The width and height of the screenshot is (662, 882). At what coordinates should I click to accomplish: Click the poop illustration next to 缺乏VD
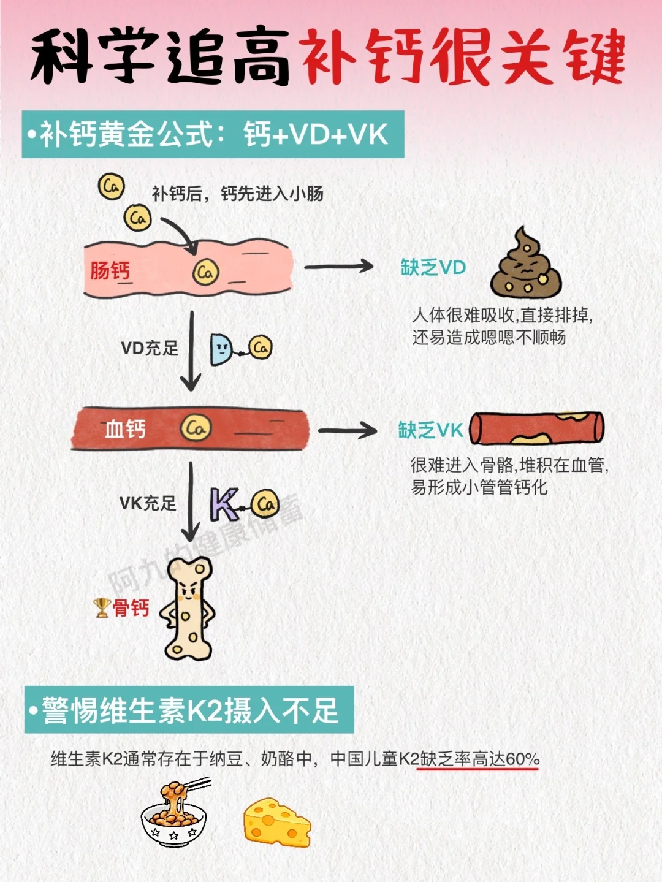[525, 265]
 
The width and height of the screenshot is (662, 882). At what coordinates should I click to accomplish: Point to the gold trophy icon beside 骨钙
[102, 607]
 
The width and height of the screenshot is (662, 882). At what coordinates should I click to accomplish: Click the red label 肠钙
[110, 271]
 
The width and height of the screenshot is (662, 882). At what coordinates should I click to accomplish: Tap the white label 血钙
[126, 429]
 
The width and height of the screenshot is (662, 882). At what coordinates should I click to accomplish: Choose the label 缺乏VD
[433, 268]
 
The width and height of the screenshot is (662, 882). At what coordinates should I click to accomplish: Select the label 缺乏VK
[430, 430]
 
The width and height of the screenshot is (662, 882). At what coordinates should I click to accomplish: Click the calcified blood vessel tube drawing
[537, 427]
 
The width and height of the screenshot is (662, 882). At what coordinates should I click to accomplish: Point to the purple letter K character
[224, 504]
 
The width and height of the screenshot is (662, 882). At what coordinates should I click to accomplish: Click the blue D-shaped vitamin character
[221, 350]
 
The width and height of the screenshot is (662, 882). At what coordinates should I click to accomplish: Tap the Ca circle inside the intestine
[205, 272]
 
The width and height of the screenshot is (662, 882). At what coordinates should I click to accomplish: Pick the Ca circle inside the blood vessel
[196, 428]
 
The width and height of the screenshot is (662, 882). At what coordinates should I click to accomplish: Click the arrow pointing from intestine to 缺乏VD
[339, 267]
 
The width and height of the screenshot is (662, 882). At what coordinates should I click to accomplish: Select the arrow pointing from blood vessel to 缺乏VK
[348, 430]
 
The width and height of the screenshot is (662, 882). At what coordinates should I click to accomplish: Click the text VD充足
[150, 349]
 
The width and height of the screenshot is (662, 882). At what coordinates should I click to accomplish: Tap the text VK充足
[148, 504]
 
